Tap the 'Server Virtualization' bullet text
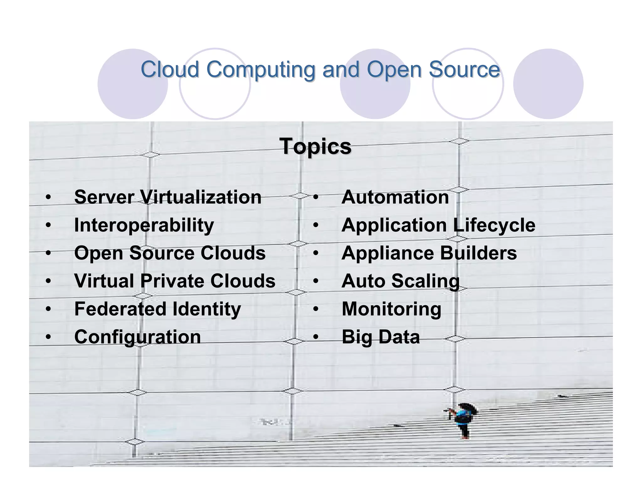tap(168, 197)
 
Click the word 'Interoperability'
tap(144, 225)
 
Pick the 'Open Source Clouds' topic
tap(170, 253)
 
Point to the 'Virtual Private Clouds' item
tap(175, 281)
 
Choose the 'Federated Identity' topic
tap(157, 309)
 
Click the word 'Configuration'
tap(137, 337)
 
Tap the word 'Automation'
tap(395, 197)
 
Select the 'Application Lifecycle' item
tap(438, 225)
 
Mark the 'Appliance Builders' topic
tap(429, 253)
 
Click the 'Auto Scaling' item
tap(400, 281)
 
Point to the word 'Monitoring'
tap(391, 309)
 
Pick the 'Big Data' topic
tap(380, 337)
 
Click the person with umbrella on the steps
tap(463, 419)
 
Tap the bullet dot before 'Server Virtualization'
tap(48, 198)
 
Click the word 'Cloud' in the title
tap(170, 69)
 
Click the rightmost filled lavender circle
tap(548, 84)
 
